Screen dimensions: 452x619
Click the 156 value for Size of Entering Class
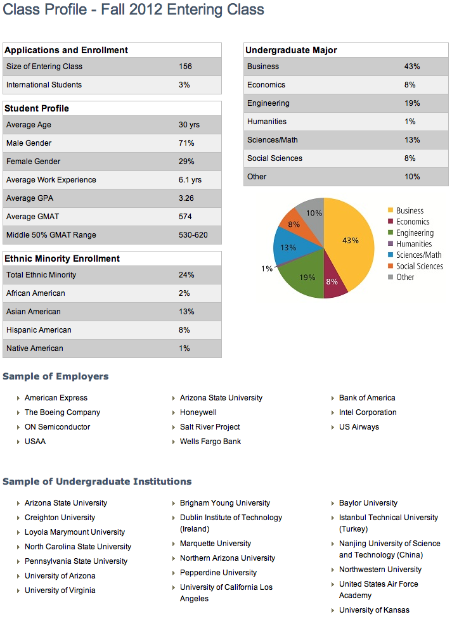tap(185, 67)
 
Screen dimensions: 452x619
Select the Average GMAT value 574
tap(185, 216)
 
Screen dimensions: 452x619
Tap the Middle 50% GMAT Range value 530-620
tap(193, 235)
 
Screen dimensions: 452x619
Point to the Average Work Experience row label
tap(51, 180)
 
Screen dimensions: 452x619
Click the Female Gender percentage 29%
tap(186, 162)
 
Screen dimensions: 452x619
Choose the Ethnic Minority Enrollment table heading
tap(62, 258)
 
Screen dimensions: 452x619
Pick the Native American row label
tap(35, 348)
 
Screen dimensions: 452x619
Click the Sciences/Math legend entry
tap(415, 255)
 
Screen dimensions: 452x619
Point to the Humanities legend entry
tap(410, 244)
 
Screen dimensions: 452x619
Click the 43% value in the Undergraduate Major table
tap(411, 67)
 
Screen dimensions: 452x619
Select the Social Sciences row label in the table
tap(274, 158)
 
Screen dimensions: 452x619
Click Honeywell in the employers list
tap(198, 412)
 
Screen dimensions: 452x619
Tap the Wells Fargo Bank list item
tap(210, 442)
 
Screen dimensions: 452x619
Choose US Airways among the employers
tap(359, 427)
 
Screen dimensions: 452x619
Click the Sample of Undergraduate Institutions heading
tap(97, 482)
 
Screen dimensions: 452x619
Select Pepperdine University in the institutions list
tap(218, 572)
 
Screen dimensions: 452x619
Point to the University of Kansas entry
tap(374, 610)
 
